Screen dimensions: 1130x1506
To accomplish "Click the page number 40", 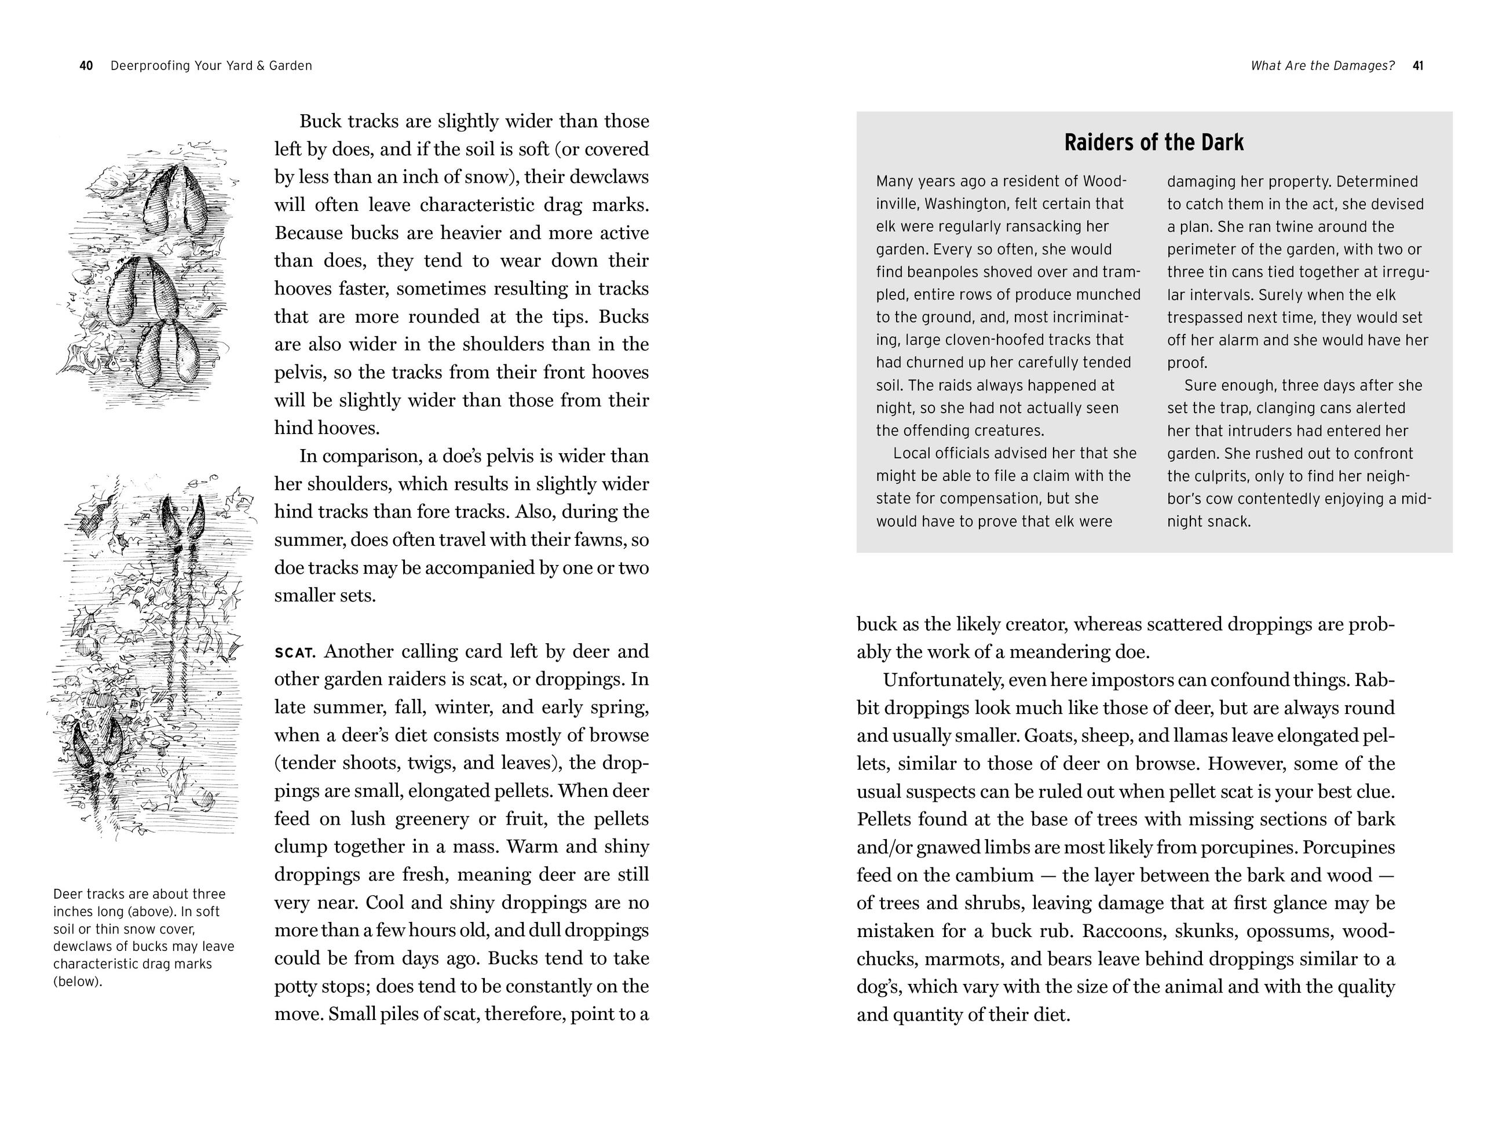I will (x=86, y=66).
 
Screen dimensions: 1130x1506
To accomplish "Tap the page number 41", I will (x=1418, y=66).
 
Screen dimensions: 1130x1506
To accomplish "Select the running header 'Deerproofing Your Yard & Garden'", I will (x=211, y=66).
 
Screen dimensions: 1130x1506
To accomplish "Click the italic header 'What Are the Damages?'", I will (x=1322, y=66).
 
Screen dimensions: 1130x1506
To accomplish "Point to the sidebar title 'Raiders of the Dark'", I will (x=1153, y=143).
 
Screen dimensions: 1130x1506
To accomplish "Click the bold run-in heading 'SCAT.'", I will (x=295, y=653).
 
